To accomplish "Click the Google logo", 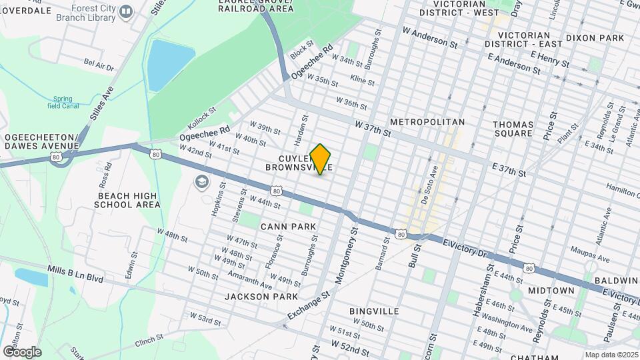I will (22, 351).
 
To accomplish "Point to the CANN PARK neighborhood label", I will (288, 227).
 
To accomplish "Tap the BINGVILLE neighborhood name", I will (374, 311).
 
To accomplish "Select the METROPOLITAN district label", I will (427, 123).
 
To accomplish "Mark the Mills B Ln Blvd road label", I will (75, 275).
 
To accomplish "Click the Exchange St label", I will (309, 304).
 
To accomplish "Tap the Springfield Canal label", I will (64, 102).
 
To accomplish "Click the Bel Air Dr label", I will (99, 65).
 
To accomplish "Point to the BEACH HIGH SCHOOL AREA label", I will (129, 200).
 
